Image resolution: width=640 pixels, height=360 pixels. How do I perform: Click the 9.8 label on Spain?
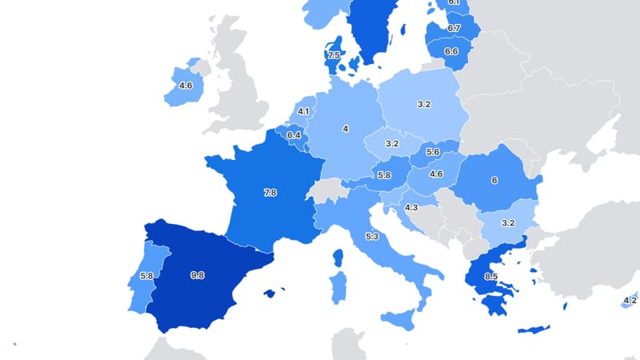(x=198, y=275)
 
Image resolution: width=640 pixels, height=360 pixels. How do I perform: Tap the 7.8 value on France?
(x=270, y=193)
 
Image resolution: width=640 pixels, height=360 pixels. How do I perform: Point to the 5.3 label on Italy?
(x=371, y=237)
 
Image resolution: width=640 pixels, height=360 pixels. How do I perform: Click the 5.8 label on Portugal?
(x=146, y=277)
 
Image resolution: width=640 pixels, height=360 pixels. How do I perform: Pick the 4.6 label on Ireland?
(x=186, y=86)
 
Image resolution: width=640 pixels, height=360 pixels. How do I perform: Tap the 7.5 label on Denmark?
(x=334, y=55)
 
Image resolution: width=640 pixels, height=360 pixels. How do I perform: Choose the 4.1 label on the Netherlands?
(x=303, y=112)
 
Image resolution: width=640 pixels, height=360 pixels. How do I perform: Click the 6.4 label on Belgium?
(x=294, y=136)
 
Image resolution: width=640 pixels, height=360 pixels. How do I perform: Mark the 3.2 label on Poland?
(x=424, y=104)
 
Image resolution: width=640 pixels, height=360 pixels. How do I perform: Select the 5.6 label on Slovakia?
(x=434, y=152)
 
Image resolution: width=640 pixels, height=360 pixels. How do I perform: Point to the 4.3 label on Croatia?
(x=411, y=208)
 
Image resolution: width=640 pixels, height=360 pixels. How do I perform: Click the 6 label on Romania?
(x=494, y=181)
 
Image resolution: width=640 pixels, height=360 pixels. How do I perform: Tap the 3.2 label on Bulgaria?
(x=507, y=223)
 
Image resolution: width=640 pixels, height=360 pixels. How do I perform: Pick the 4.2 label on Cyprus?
(x=630, y=301)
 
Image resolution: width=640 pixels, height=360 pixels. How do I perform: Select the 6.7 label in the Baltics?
(x=454, y=28)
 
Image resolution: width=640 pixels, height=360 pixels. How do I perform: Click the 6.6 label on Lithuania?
(x=450, y=51)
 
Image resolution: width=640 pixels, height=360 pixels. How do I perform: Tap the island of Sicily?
(x=400, y=320)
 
